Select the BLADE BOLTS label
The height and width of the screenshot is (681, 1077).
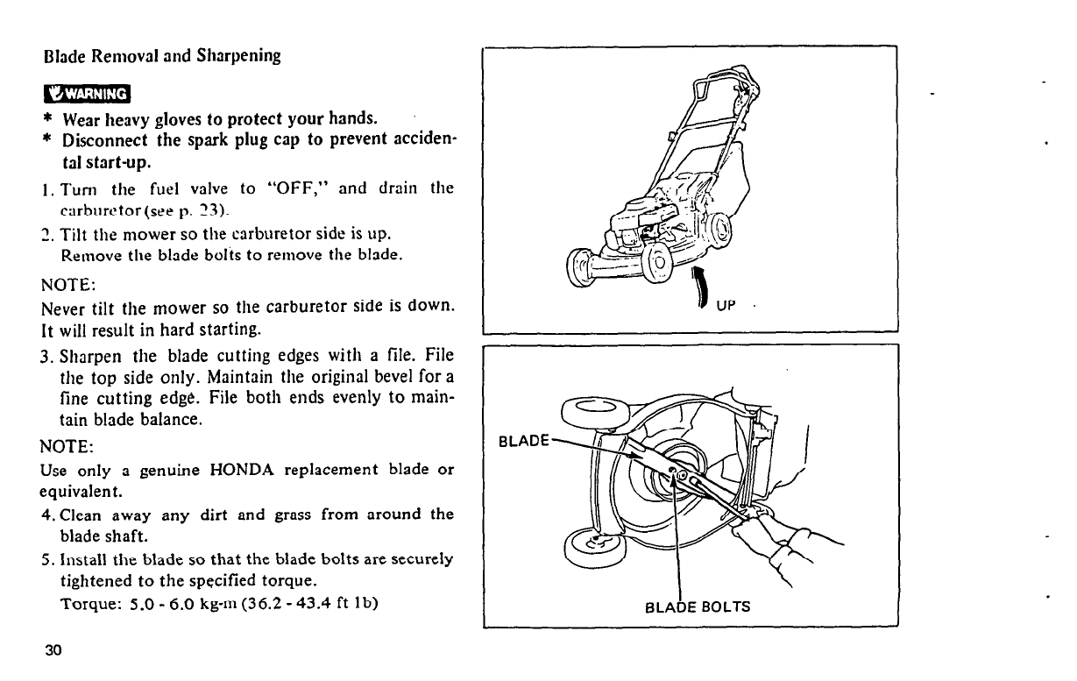(698, 606)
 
